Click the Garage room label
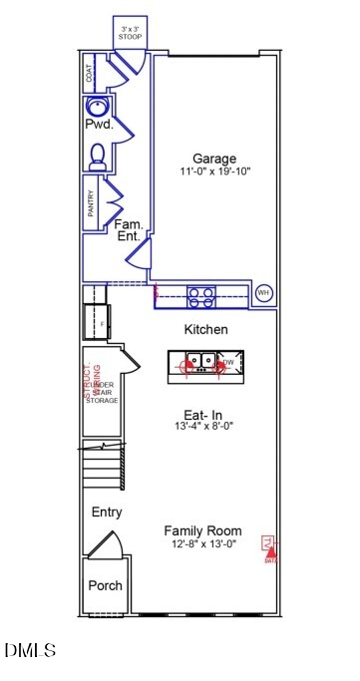214,159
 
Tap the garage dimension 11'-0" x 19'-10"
214,171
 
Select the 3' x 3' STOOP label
131,33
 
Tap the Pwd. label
99,127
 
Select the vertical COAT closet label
90,71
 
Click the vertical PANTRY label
90,204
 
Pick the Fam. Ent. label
129,230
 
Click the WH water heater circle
263,292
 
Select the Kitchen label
206,329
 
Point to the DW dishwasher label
227,362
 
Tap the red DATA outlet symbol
269,546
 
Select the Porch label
105,585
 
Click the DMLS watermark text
30,650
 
